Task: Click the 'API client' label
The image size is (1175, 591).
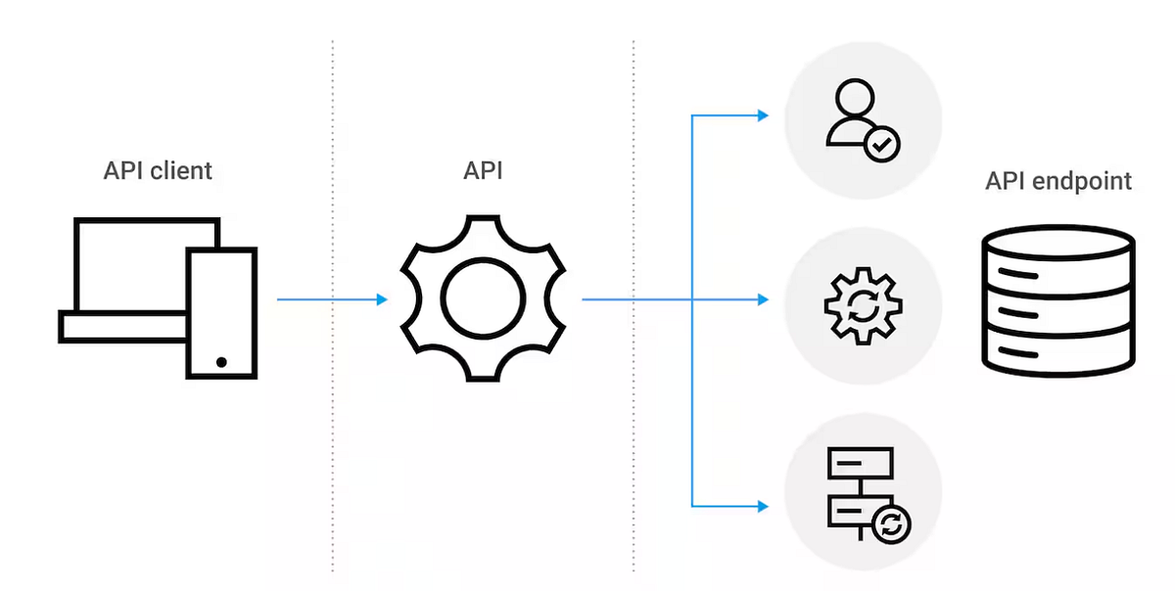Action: point(158,171)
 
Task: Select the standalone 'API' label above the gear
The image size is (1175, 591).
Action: point(483,171)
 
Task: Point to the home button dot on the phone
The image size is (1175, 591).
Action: point(221,362)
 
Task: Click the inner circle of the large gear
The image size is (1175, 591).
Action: point(483,300)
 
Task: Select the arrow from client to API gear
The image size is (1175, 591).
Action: point(333,299)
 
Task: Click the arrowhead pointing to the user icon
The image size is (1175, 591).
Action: point(763,115)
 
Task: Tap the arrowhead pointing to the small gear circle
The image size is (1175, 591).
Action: point(763,299)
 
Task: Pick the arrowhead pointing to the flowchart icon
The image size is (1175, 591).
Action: point(763,506)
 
